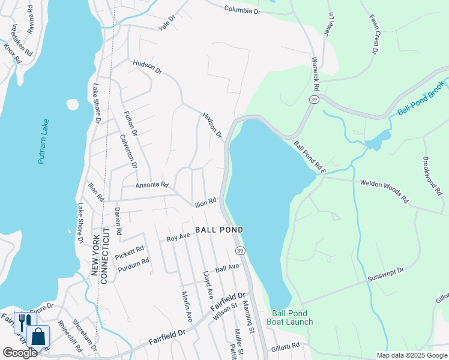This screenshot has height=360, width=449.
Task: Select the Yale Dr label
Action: click(x=166, y=23)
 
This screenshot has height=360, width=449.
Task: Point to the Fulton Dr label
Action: click(x=130, y=123)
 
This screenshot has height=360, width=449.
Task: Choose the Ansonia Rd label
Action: click(x=152, y=185)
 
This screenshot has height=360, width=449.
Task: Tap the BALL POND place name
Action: click(x=219, y=230)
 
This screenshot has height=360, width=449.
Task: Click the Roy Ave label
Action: click(x=178, y=238)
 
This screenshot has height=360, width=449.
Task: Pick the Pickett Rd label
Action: click(x=130, y=250)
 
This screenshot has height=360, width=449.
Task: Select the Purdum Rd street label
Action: click(x=133, y=263)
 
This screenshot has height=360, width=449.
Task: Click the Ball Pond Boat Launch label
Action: click(x=292, y=317)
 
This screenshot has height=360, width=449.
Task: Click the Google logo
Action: click(x=19, y=353)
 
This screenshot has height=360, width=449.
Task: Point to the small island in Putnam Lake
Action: click(x=73, y=104)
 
